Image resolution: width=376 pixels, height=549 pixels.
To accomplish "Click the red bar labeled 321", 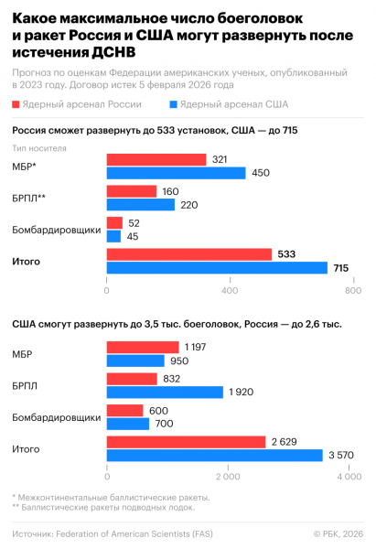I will [x=156, y=160].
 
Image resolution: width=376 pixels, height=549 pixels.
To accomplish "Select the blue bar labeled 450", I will [x=176, y=173].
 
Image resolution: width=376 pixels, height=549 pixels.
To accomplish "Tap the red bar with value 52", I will [x=114, y=222].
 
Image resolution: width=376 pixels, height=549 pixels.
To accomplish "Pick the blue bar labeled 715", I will [x=217, y=267].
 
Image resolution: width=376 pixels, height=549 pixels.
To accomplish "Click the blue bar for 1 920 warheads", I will [x=165, y=392].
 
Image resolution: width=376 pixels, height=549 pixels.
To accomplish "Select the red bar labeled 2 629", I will [x=186, y=442].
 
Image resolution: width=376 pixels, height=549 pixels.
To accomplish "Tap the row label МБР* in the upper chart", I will [x=24, y=167].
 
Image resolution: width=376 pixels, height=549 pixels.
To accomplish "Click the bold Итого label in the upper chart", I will [x=26, y=261].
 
